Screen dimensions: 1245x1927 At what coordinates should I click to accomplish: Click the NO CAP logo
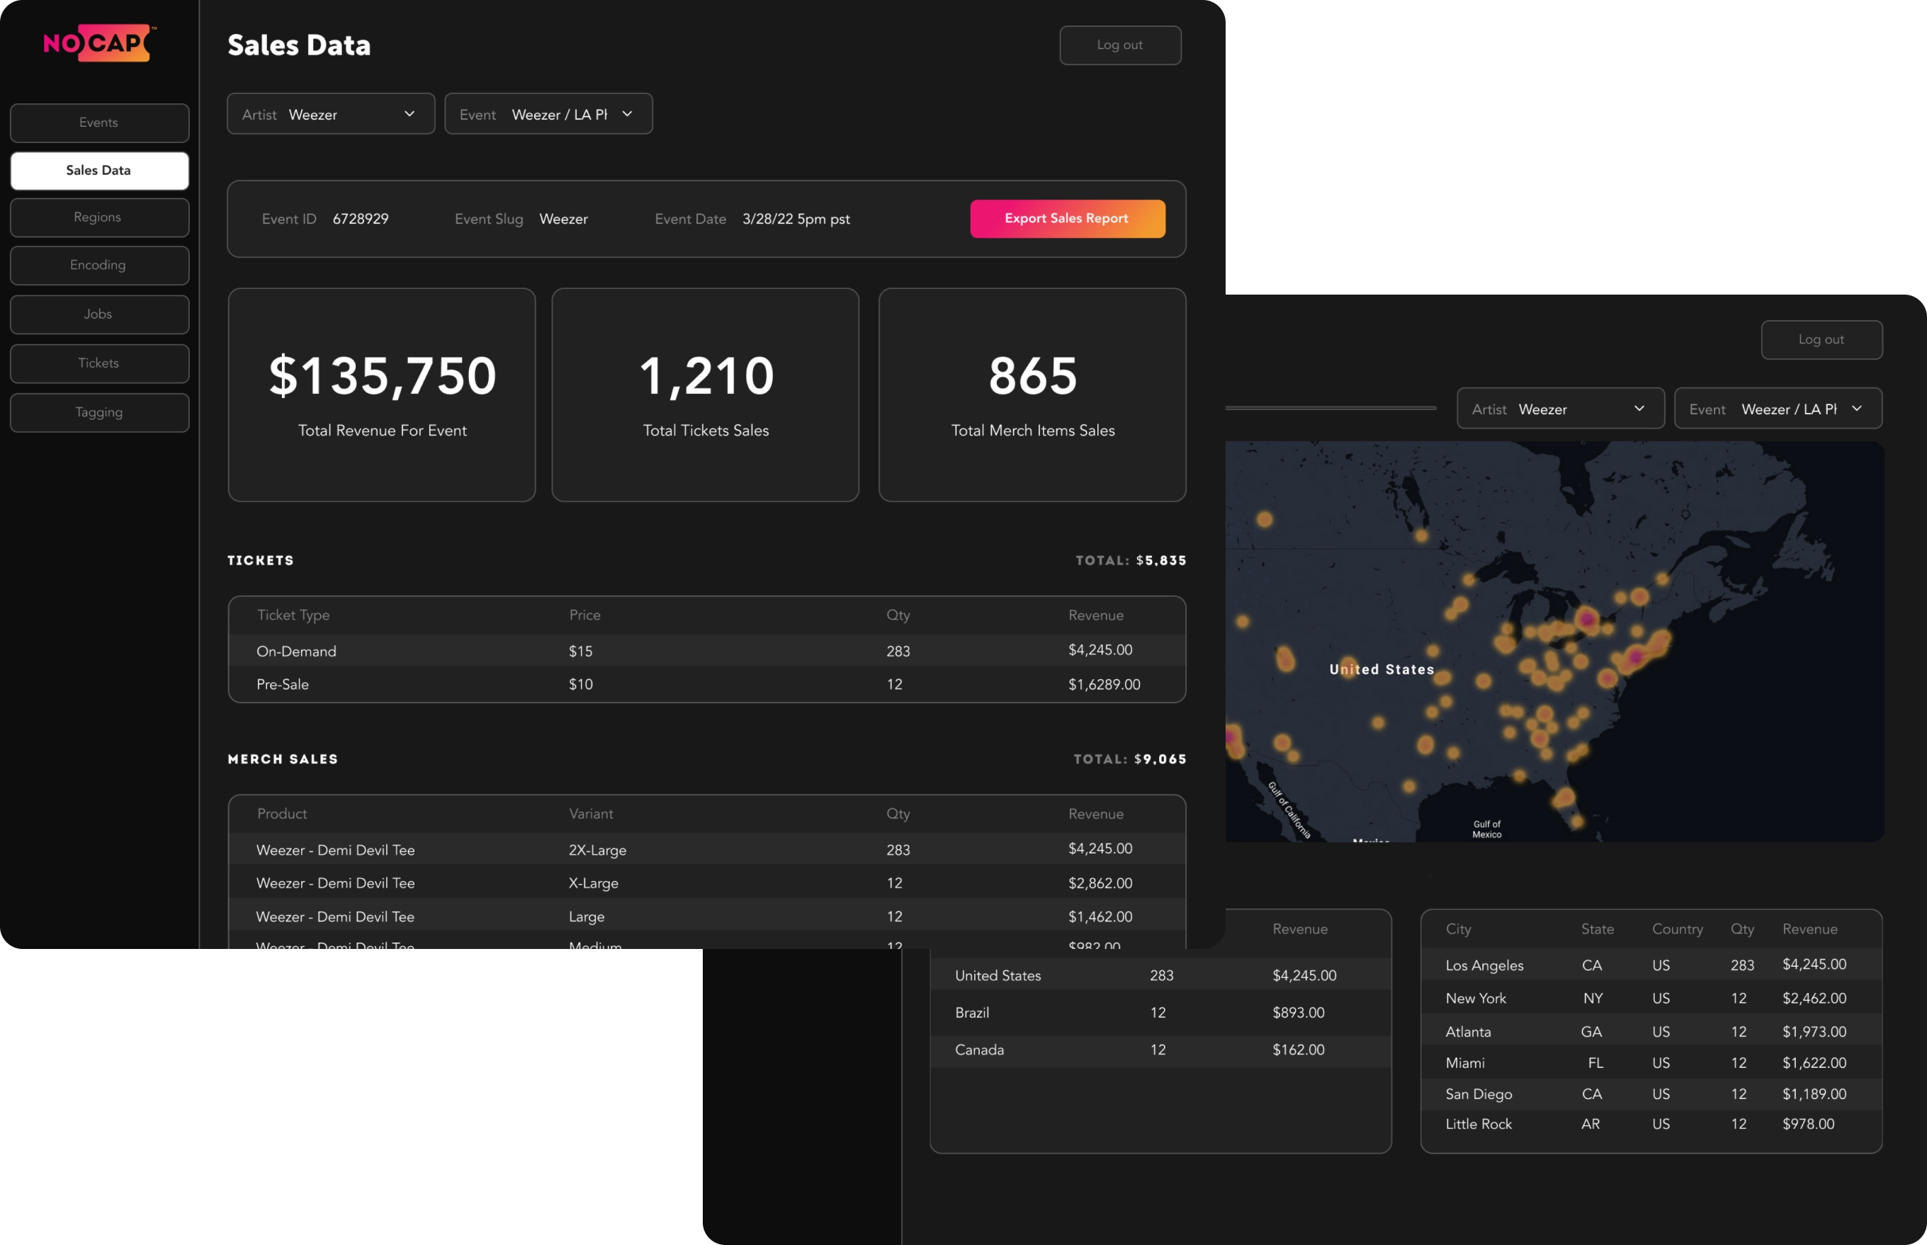coord(98,43)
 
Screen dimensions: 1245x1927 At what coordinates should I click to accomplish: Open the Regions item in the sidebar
coord(98,217)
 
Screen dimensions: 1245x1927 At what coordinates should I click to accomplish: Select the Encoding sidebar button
coord(98,265)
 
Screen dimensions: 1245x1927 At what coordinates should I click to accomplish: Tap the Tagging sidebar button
coord(98,412)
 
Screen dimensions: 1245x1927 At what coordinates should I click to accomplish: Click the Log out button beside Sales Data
coord(1119,45)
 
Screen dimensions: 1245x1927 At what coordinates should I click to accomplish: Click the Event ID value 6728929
coord(361,219)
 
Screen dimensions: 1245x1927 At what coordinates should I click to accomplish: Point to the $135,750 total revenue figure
coord(383,376)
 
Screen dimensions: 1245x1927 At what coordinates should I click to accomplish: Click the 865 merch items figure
coord(1033,376)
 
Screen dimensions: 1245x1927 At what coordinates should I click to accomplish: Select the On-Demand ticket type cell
coord(296,652)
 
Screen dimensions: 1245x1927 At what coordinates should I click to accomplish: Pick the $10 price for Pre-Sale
coord(581,685)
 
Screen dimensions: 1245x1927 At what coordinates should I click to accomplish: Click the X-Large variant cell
coord(594,884)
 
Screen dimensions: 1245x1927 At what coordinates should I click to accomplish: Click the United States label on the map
coord(1381,669)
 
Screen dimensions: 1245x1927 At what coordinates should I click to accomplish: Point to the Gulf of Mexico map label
coord(1486,829)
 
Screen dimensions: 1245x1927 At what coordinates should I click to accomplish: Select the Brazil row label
coord(972,1013)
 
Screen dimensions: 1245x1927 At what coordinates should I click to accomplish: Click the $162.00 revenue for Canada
coord(1298,1050)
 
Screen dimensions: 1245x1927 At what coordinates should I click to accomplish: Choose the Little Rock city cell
coord(1479,1125)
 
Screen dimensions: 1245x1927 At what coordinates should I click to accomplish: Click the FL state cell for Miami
coord(1595,1063)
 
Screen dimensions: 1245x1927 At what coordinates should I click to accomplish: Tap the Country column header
coord(1677,930)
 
